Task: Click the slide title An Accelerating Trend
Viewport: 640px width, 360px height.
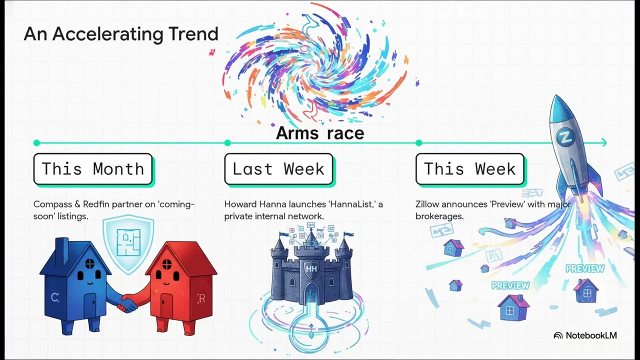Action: click(x=121, y=34)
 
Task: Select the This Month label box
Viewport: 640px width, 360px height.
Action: click(x=93, y=169)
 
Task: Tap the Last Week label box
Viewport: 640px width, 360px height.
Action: click(x=278, y=169)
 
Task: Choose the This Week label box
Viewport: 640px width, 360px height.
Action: click(x=469, y=169)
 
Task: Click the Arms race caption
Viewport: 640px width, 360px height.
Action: click(x=320, y=133)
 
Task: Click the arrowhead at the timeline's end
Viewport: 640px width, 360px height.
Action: click(x=604, y=143)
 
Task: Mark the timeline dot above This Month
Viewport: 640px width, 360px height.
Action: click(x=36, y=143)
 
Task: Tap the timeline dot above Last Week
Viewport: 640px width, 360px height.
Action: click(x=227, y=143)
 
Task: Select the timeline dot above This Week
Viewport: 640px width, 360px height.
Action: click(x=419, y=143)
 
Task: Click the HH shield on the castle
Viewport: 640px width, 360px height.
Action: click(x=311, y=269)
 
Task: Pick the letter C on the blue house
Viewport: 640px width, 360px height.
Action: click(x=54, y=298)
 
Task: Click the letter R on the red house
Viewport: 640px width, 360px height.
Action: click(x=201, y=299)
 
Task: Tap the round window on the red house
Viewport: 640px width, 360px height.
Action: click(x=167, y=263)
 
